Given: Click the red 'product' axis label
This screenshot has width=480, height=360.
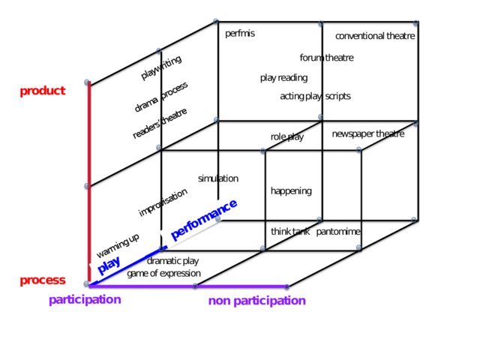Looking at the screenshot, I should [43, 91].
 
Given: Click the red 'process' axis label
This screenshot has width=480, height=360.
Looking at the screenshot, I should [43, 280].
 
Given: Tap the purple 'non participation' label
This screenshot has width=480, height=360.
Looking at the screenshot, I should [257, 301].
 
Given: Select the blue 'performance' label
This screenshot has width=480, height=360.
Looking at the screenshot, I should [204, 219].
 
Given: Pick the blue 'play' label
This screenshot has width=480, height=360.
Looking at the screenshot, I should [109, 264].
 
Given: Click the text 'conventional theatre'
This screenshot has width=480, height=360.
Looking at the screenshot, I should [375, 36].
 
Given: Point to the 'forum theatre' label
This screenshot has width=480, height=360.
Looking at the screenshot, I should [326, 58].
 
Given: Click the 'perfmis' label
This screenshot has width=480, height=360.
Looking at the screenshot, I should [240, 34].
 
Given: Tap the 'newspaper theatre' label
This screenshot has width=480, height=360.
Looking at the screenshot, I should [367, 134].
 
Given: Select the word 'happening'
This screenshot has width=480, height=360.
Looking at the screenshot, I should [291, 191].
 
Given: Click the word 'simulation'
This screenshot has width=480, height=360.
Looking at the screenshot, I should [218, 178].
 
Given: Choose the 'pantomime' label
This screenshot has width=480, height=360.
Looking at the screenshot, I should [338, 232].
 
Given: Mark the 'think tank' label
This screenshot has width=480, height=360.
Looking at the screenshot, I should [290, 232].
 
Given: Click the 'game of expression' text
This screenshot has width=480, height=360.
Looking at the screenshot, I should [163, 273].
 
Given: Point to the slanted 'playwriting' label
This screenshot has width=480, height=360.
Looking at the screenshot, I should [161, 67].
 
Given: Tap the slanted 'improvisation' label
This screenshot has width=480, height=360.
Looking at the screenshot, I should [163, 202].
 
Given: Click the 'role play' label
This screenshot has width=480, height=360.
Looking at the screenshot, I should [287, 137].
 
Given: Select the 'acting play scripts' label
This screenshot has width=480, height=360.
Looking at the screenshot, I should [315, 97].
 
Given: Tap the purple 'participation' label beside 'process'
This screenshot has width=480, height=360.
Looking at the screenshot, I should [85, 300].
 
